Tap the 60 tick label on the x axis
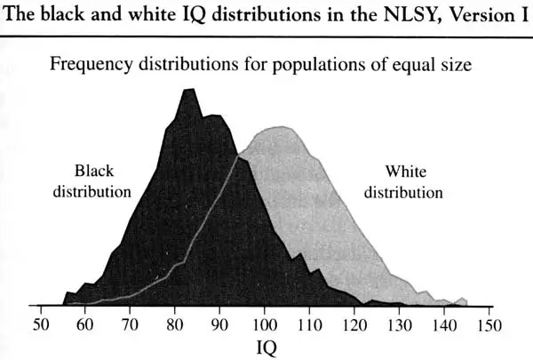tap(85, 324)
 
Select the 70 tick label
tap(130, 324)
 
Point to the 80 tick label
tap(174, 324)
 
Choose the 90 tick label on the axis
tap(219, 324)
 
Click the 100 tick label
tap(265, 324)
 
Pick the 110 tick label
tap(309, 324)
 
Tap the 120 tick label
tap(354, 324)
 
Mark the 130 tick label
tap(399, 324)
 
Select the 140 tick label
tap(443, 324)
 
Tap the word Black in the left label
tap(94, 171)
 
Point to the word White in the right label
tap(404, 171)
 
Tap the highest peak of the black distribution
tap(188, 89)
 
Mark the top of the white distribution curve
tap(281, 127)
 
